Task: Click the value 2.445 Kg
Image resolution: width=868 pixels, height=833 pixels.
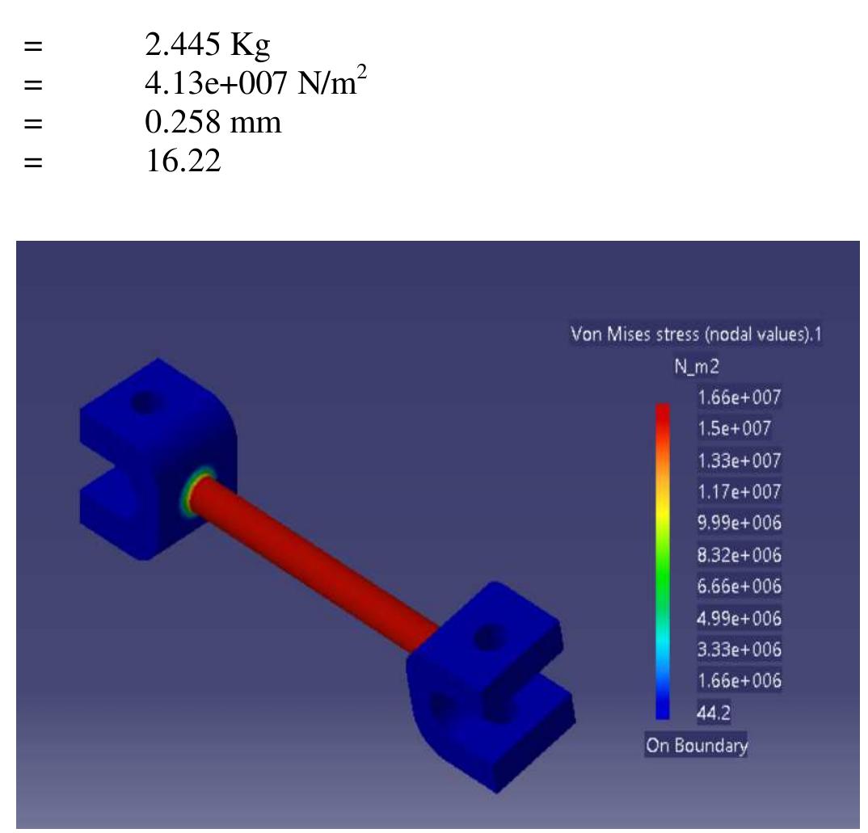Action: coord(208,45)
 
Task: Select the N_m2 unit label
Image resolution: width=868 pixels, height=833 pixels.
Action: coord(697,366)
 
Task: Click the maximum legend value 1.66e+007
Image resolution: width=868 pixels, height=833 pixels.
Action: coord(739,398)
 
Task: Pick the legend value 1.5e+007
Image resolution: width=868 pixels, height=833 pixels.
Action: coord(733,428)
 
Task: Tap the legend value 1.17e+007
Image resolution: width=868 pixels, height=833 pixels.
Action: coord(739,491)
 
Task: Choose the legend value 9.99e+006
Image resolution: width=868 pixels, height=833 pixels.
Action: coord(739,523)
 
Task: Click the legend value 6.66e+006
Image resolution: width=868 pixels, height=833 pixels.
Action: coord(739,586)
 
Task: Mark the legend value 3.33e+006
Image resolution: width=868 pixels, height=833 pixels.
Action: coord(739,649)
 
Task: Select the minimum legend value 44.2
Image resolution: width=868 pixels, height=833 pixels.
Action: coord(714,712)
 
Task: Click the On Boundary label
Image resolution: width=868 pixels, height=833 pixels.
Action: coord(696,745)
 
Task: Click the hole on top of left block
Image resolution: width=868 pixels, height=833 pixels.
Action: coord(146,401)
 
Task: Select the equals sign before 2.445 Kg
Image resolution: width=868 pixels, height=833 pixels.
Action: coord(32,46)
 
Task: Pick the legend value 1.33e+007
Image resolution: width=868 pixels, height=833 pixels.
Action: coord(739,461)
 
